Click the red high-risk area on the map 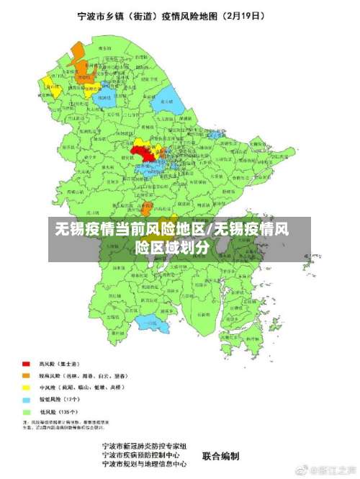tap(142, 151)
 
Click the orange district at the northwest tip tap(76, 53)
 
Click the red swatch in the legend tap(26, 363)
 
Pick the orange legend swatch tap(26, 375)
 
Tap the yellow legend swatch tap(26, 388)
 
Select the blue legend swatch tap(26, 399)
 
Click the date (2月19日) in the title tap(254, 14)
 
